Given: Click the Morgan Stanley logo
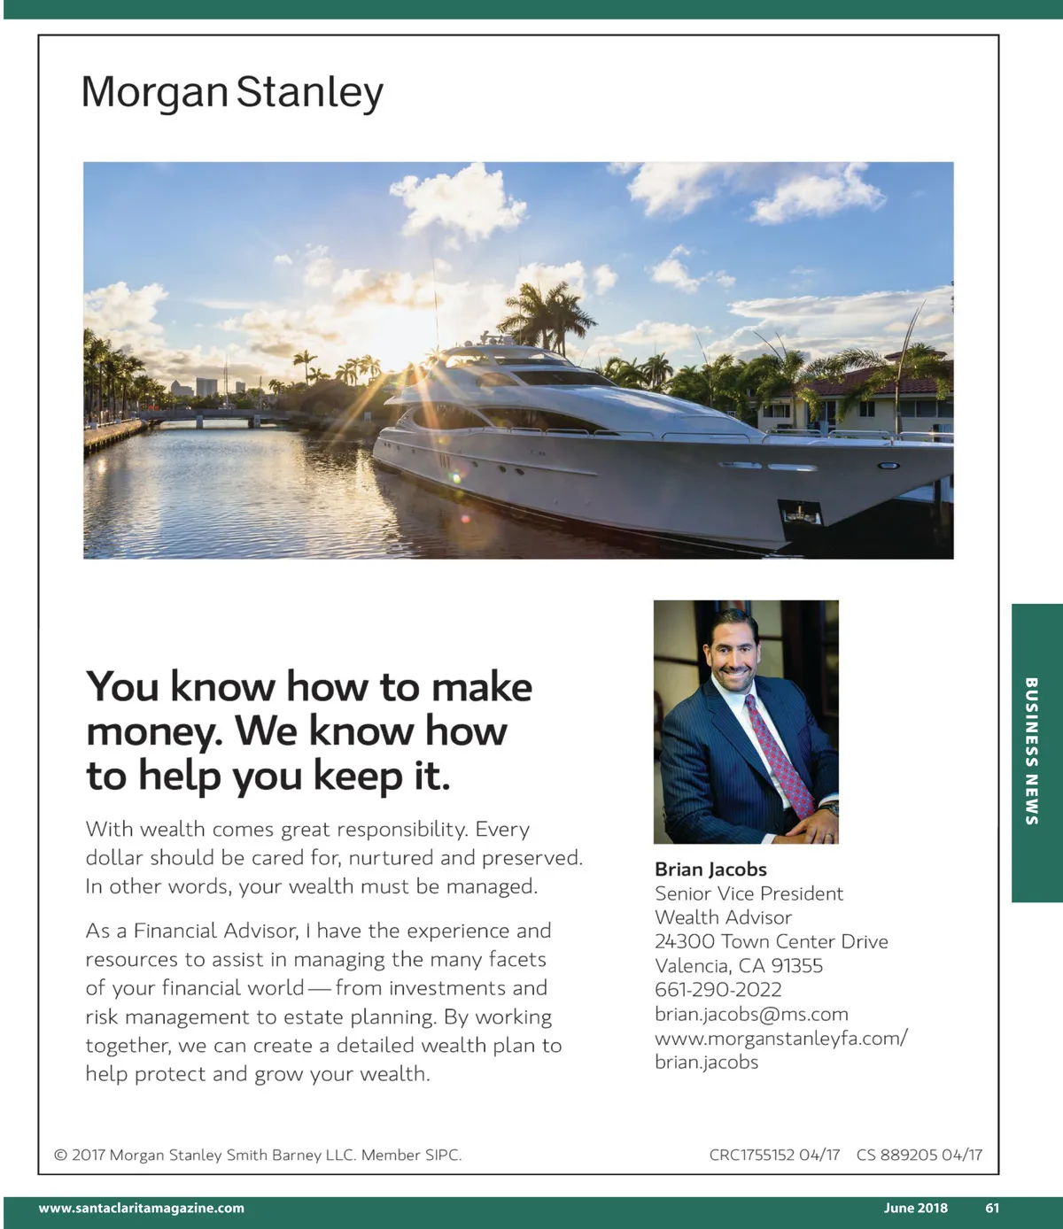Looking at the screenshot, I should [232, 92].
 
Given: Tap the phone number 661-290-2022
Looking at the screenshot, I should [718, 990].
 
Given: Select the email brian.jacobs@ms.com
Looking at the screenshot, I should [751, 1014].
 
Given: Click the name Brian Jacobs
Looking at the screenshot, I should [710, 870].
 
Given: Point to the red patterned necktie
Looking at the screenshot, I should [779, 753].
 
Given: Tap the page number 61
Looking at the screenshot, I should [992, 1208].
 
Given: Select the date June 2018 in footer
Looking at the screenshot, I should [915, 1208].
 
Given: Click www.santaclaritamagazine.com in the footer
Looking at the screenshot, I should [142, 1208].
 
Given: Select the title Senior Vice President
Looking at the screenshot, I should [749, 893].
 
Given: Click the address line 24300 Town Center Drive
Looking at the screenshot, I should [771, 941].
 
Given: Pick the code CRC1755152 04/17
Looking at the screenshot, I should [774, 1155].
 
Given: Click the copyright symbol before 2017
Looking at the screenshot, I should [61, 1155].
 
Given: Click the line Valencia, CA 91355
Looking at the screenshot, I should [738, 965].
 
